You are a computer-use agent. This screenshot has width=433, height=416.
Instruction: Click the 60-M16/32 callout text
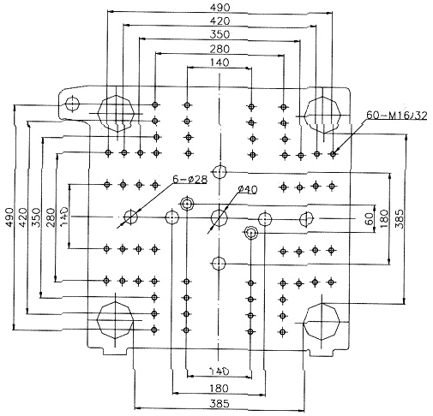[x=397, y=115]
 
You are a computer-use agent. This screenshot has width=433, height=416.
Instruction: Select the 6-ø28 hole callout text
[x=189, y=180]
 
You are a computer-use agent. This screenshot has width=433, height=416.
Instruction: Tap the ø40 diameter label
[x=248, y=189]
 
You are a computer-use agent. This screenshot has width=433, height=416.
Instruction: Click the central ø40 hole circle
[x=220, y=217]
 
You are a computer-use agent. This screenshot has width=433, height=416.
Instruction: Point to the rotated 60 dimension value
[x=370, y=219]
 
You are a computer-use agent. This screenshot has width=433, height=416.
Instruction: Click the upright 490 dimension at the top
[x=220, y=8]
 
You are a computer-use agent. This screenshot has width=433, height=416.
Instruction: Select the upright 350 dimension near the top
[x=220, y=34]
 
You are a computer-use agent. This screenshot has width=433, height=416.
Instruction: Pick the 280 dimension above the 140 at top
[x=220, y=49]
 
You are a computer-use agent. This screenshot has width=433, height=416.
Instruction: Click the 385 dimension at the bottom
[x=220, y=403]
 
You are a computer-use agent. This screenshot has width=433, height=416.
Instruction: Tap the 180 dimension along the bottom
[x=220, y=389]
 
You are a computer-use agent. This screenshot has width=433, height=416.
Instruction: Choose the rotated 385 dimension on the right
[x=400, y=219]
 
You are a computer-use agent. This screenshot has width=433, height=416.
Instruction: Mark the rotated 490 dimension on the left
[x=9, y=217]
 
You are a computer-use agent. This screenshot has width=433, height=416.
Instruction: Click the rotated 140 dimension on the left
[x=64, y=217]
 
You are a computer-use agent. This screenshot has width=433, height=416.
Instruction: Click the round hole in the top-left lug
[x=73, y=104]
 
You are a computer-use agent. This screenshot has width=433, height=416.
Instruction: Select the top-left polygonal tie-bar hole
[x=117, y=113]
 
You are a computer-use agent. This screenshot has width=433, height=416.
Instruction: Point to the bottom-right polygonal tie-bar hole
[x=322, y=322]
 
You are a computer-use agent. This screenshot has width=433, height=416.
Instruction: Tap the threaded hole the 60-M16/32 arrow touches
[x=333, y=154]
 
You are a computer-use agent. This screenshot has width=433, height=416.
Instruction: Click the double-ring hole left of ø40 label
[x=187, y=204]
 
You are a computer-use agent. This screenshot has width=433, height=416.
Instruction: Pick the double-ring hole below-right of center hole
[x=251, y=234]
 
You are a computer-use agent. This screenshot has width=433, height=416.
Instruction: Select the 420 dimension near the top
[x=220, y=21]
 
